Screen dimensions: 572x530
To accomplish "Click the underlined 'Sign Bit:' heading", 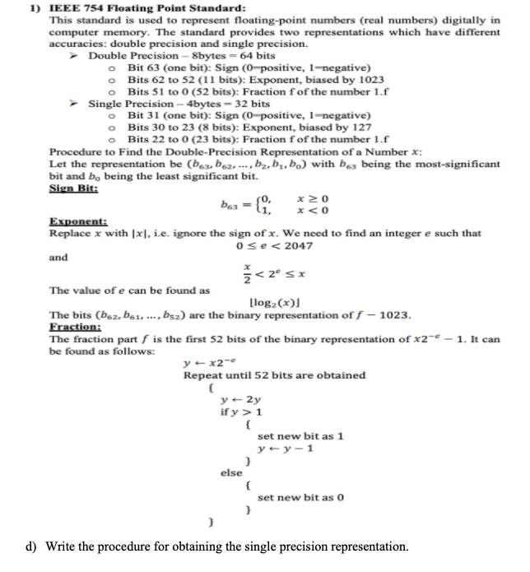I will pyautogui.click(x=73, y=187).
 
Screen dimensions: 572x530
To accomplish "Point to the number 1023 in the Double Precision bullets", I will pyautogui.click(x=370, y=79).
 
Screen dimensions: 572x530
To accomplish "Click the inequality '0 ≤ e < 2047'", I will pyautogui.click(x=274, y=245).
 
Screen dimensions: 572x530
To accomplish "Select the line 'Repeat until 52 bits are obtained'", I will pyautogui.click(x=274, y=375).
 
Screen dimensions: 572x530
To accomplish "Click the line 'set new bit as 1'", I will pyautogui.click(x=300, y=435).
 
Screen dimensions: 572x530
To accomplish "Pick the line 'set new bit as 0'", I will pyautogui.click(x=300, y=497).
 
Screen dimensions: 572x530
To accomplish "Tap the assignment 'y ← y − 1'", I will pyautogui.click(x=285, y=448).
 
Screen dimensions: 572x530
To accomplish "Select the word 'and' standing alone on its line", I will pyautogui.click(x=58, y=257).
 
